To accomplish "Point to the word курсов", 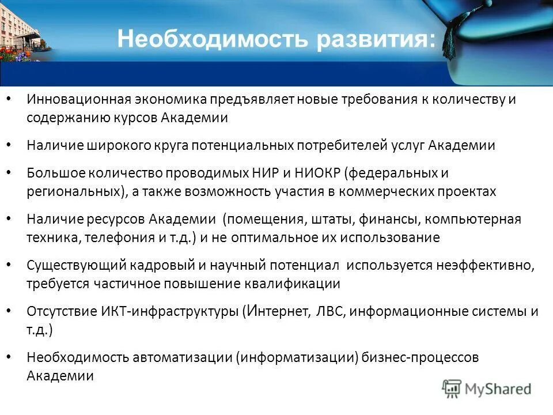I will click(x=130, y=118).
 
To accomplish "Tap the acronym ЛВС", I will click(x=331, y=311).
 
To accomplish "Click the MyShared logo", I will click(x=487, y=388).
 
